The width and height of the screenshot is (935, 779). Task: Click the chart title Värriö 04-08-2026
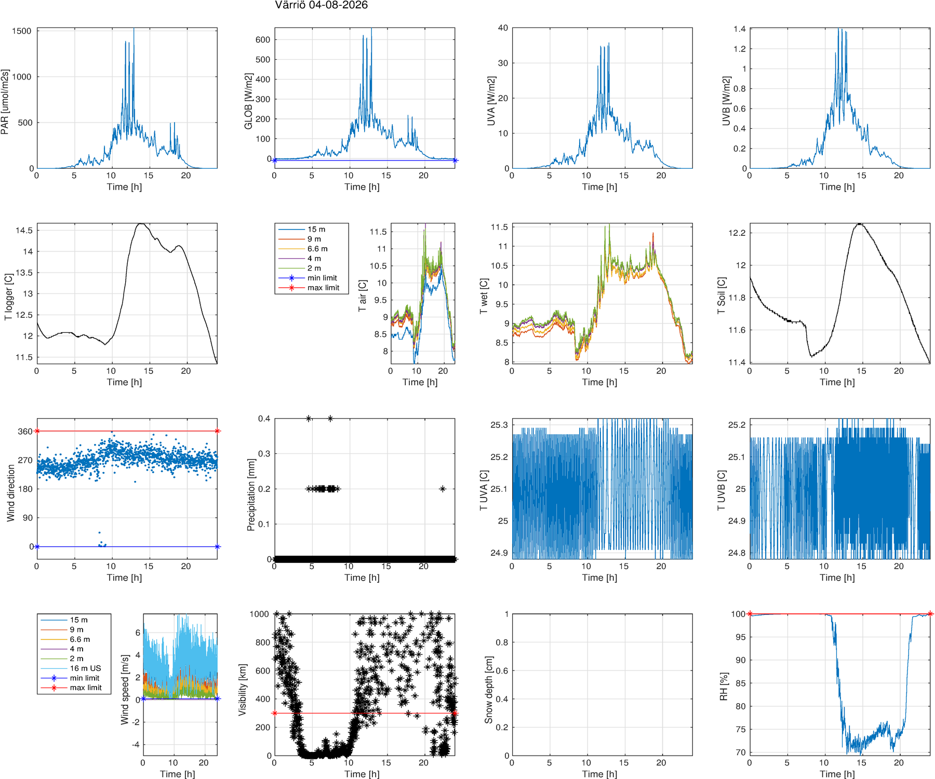click(321, 5)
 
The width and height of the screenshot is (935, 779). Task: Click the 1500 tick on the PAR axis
click(22, 31)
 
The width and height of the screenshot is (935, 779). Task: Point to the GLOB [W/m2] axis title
click(248, 101)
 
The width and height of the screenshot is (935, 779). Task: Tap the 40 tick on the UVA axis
click(503, 28)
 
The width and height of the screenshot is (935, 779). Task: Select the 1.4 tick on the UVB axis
click(740, 29)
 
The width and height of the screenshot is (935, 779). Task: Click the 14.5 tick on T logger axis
click(24, 231)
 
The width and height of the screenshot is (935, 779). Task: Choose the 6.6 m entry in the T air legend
click(317, 249)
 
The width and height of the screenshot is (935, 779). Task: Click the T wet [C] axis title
click(484, 297)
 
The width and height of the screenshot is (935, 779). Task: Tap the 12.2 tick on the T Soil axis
click(737, 233)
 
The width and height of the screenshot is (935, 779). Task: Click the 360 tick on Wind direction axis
click(25, 432)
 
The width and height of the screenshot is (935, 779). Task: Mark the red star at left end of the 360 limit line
click(37, 431)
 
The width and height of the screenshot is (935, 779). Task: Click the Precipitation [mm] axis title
click(251, 495)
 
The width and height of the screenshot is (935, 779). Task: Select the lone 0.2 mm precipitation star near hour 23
click(443, 489)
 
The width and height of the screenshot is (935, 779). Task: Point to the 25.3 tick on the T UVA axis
click(499, 425)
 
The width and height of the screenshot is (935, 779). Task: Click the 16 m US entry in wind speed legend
click(85, 668)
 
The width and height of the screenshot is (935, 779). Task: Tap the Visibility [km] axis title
click(242, 690)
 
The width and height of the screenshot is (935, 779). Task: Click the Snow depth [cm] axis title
click(488, 690)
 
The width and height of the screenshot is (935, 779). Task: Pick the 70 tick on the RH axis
click(740, 753)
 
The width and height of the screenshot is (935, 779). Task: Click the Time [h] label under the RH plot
click(837, 774)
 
